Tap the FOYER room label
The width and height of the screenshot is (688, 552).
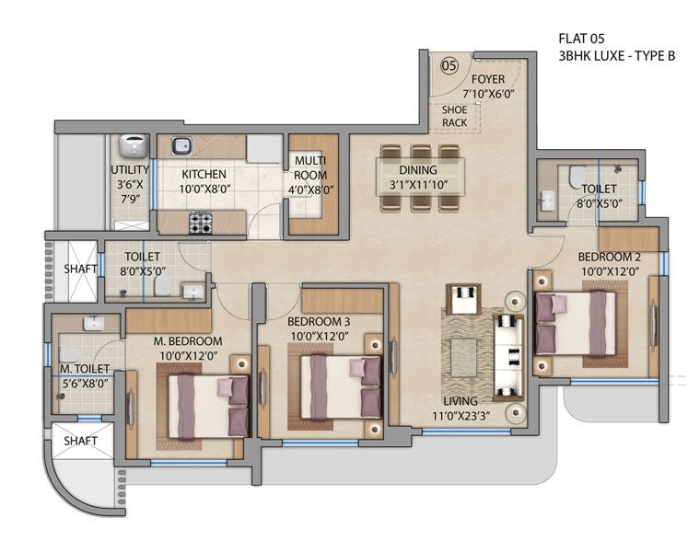[x=487, y=79]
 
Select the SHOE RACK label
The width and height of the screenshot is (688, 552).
[x=454, y=115]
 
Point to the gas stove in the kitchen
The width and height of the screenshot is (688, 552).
[x=200, y=221]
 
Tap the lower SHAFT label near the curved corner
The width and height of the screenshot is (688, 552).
[x=80, y=441]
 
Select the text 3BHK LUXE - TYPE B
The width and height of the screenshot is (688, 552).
[x=616, y=56]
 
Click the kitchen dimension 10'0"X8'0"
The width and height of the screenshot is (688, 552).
[x=204, y=190]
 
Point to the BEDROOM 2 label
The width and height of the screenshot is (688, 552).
[x=609, y=256]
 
